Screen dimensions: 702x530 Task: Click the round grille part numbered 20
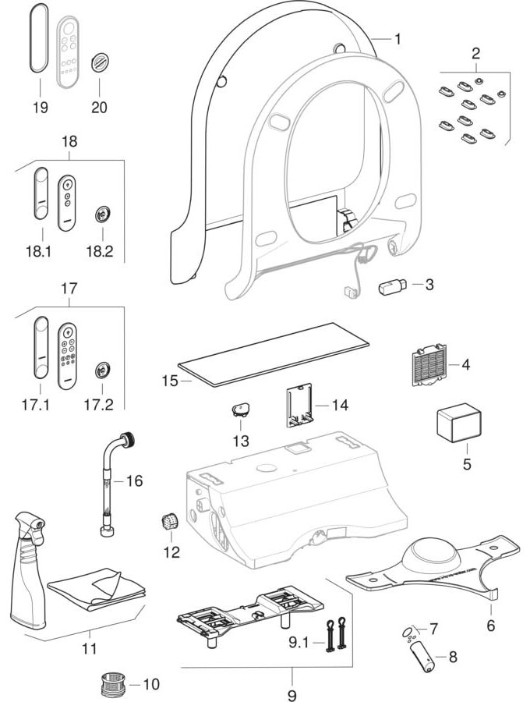[99, 62]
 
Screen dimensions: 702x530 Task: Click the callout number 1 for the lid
[397, 38]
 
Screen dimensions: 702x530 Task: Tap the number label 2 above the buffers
[475, 54]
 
